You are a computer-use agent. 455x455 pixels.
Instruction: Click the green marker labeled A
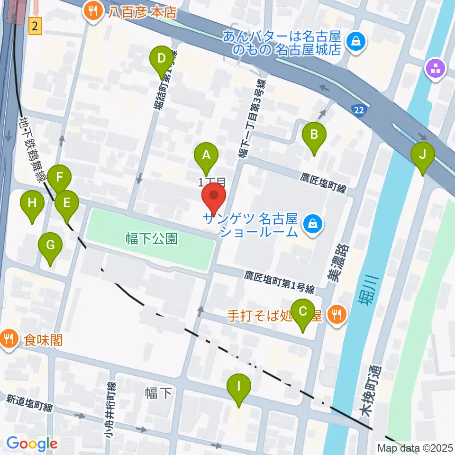click(206, 155)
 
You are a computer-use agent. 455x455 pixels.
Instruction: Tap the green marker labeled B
click(314, 135)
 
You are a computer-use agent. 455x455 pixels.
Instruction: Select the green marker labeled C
click(303, 312)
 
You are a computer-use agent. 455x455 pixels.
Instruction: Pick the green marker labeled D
click(161, 60)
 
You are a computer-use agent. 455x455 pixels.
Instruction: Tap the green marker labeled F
click(59, 179)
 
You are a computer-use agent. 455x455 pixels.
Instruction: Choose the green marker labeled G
click(51, 246)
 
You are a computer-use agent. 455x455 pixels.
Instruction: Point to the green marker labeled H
click(32, 204)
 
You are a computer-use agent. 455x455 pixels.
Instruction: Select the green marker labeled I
click(238, 387)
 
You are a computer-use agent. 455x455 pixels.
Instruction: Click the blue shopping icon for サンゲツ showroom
click(312, 221)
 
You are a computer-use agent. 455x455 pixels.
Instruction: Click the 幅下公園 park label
click(152, 238)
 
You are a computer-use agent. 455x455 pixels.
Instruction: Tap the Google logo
click(32, 443)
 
